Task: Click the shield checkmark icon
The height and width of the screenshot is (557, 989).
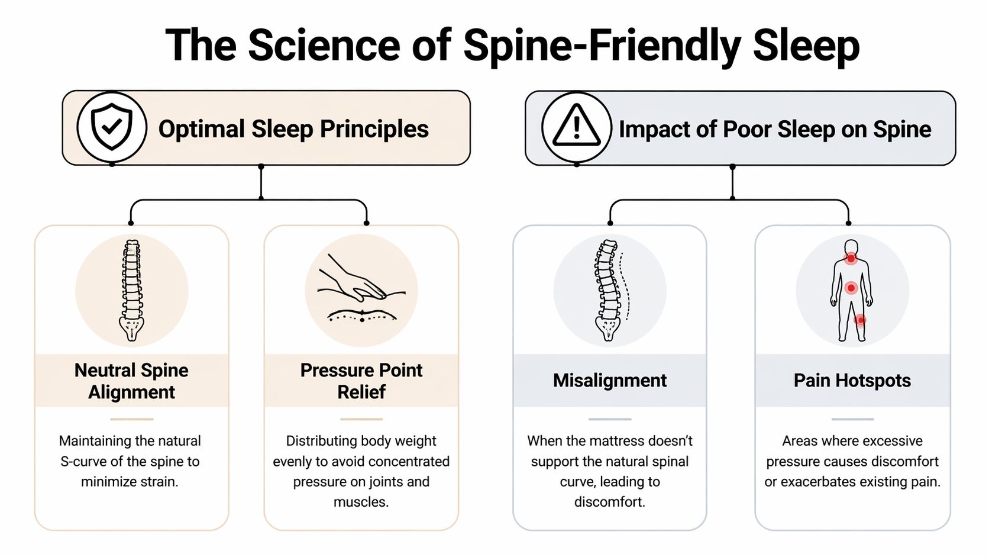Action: (x=111, y=127)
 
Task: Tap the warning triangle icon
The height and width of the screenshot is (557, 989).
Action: (x=576, y=127)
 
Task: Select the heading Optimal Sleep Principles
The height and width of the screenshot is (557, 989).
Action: (x=293, y=129)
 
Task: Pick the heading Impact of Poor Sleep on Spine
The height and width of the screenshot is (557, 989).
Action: (x=774, y=130)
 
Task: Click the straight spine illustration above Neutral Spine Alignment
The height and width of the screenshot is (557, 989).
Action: (x=131, y=290)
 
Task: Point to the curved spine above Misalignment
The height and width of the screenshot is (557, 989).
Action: (x=609, y=290)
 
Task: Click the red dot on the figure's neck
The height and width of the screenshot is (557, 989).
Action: (x=851, y=259)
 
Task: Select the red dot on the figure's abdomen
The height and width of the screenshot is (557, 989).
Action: (x=851, y=288)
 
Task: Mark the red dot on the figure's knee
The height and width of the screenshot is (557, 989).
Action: (x=861, y=320)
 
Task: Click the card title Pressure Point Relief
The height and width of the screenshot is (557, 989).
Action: (x=361, y=381)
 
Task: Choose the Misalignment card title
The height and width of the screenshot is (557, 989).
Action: (x=609, y=381)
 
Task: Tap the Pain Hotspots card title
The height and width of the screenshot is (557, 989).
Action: (x=852, y=381)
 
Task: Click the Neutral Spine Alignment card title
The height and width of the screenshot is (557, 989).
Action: (x=131, y=381)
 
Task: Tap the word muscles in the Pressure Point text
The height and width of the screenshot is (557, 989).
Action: (x=360, y=503)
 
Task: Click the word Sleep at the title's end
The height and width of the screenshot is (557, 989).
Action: (x=806, y=46)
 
